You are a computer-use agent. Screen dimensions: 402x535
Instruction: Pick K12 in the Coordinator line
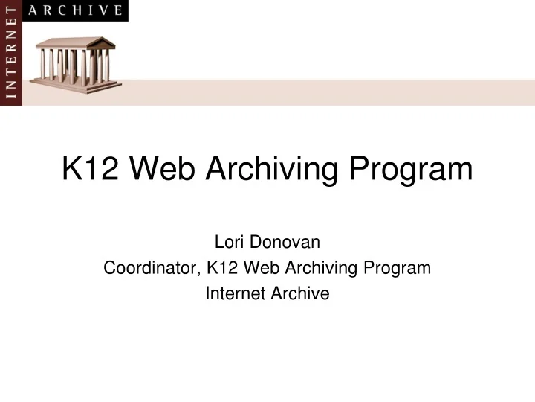pyautogui.click(x=217, y=268)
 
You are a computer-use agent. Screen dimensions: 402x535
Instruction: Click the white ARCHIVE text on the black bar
pyautogui.click(x=75, y=10)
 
